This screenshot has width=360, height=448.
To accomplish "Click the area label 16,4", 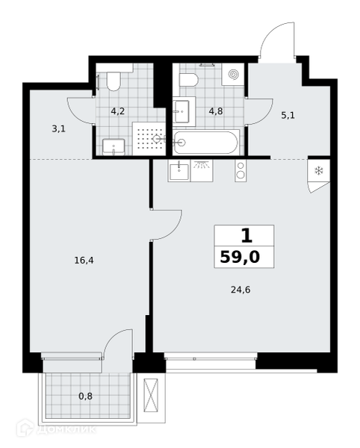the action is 84,261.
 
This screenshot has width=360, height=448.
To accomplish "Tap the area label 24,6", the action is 240,290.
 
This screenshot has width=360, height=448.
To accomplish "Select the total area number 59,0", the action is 240,257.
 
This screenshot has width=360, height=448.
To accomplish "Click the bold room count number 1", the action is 246,236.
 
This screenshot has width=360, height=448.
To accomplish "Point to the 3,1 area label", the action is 58,129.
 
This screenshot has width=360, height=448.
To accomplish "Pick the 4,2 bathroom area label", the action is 118,111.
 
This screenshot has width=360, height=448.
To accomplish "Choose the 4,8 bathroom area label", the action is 216,111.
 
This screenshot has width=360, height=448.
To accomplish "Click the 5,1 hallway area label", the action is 288,116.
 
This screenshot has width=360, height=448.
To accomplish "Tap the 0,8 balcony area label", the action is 85,396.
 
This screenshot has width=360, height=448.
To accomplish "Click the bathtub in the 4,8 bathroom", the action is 205,143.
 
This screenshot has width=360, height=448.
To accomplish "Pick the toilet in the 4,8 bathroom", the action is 189,80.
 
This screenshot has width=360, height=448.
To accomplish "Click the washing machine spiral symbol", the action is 233,75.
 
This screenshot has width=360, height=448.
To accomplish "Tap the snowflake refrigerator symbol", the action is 318,171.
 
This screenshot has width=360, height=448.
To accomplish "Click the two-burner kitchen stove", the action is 240,170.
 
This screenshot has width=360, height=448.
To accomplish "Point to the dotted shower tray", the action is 149,139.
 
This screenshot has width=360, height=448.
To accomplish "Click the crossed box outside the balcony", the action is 151,395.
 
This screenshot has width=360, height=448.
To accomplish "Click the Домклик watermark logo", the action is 56,429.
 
